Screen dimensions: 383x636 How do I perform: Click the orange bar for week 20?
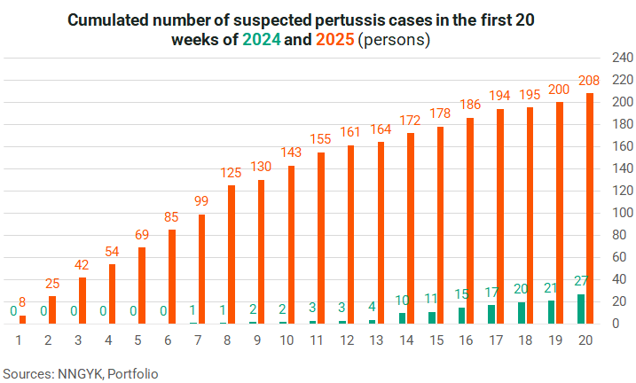coord(590,208)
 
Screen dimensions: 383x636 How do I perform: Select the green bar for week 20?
coord(581,309)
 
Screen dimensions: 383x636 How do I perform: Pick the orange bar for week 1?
coord(22,319)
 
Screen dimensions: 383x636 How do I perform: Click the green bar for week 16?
coord(461,316)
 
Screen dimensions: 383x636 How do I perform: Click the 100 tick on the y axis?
coord(620,213)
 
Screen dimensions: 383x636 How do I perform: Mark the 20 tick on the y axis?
coord(620,301)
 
